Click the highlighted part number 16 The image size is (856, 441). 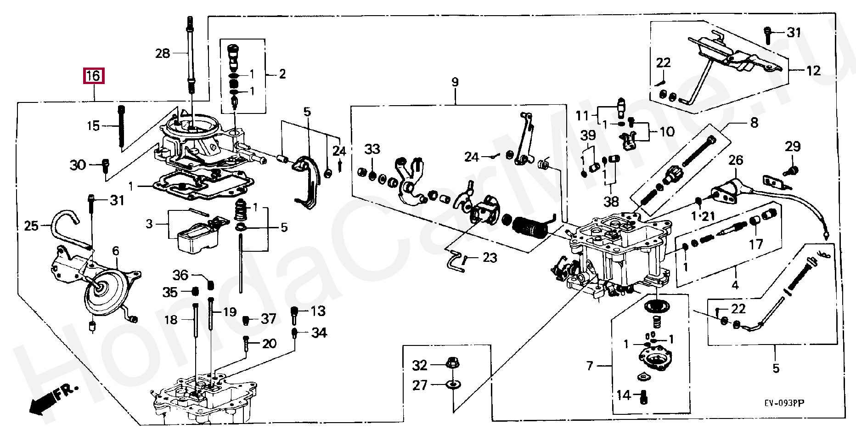pyautogui.click(x=94, y=76)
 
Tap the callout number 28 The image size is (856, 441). pyautogui.click(x=163, y=54)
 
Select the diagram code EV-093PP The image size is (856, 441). pyautogui.click(x=784, y=403)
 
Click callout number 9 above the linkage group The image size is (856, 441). pyautogui.click(x=455, y=83)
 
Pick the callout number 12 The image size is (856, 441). pyautogui.click(x=813, y=71)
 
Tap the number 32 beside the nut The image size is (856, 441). pyautogui.click(x=420, y=366)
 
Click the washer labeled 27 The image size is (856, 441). pyautogui.click(x=453, y=384)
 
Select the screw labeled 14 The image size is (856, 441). pyautogui.click(x=643, y=398)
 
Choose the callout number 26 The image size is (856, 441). pyautogui.click(x=736, y=160)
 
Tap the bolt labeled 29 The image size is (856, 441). pyautogui.click(x=792, y=171)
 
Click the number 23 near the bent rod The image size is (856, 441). pyautogui.click(x=490, y=258)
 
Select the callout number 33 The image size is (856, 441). pyautogui.click(x=372, y=149)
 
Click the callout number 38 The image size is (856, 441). pyautogui.click(x=611, y=201)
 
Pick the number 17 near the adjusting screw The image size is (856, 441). pyautogui.click(x=756, y=244)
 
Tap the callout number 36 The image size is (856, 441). pyautogui.click(x=180, y=275)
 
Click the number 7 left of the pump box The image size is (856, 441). pyautogui.click(x=590, y=366)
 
